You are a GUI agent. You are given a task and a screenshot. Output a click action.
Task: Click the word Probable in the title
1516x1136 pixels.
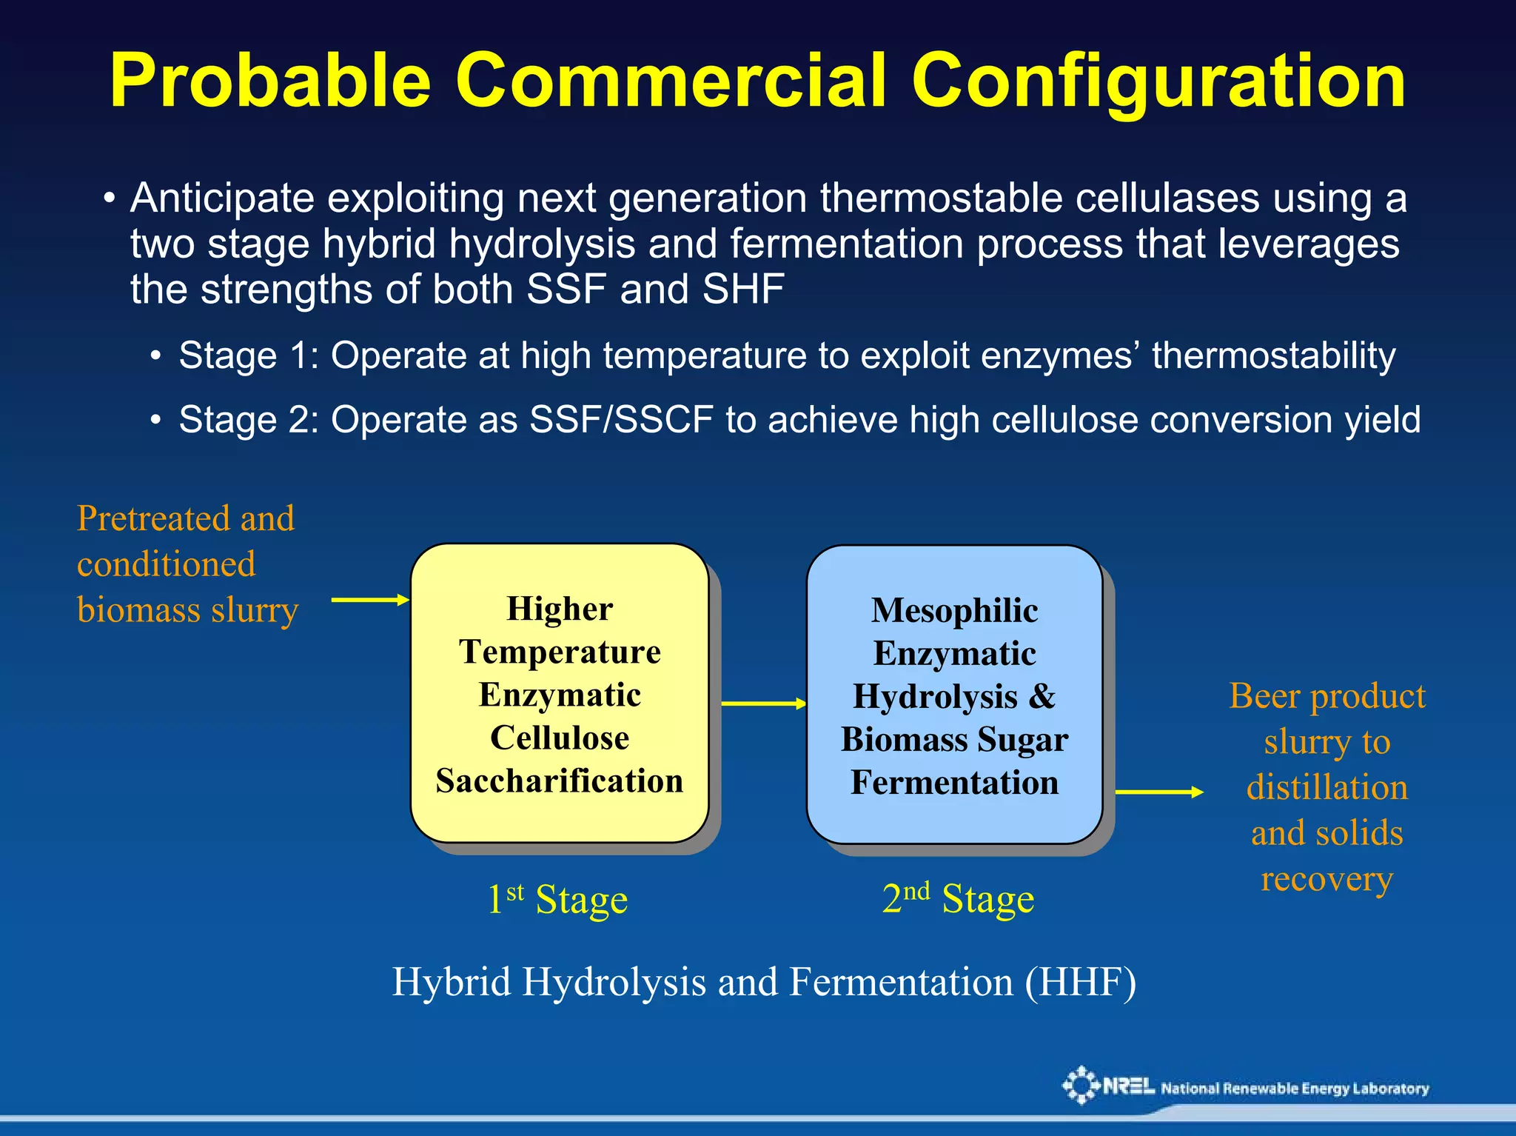[270, 81]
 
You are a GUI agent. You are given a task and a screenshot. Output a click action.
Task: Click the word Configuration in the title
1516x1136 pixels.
[1158, 81]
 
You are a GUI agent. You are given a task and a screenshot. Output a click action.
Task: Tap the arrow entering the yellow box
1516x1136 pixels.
[370, 600]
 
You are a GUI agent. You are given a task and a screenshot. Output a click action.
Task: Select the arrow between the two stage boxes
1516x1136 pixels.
[763, 704]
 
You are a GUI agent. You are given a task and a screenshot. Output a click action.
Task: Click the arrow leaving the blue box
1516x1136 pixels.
[1158, 792]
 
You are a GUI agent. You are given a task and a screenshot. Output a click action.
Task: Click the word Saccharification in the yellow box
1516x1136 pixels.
[560, 781]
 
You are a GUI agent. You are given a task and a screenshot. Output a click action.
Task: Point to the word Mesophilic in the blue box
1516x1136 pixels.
[954, 611]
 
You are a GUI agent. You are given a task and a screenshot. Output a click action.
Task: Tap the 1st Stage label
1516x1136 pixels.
[557, 900]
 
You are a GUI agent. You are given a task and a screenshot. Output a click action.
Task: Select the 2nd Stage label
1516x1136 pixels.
[958, 900]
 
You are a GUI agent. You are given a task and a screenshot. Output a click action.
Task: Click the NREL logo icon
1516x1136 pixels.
[1081, 1086]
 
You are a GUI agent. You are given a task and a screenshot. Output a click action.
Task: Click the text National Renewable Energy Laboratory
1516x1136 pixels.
[1295, 1089]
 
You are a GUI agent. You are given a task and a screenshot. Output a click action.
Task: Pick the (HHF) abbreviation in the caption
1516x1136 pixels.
[1080, 983]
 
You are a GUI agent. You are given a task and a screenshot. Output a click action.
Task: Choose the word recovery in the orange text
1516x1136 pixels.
[1326, 880]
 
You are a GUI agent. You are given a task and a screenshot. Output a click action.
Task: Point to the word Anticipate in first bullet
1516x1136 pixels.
[222, 198]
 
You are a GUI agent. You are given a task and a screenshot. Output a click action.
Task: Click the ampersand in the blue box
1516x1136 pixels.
[1042, 697]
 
